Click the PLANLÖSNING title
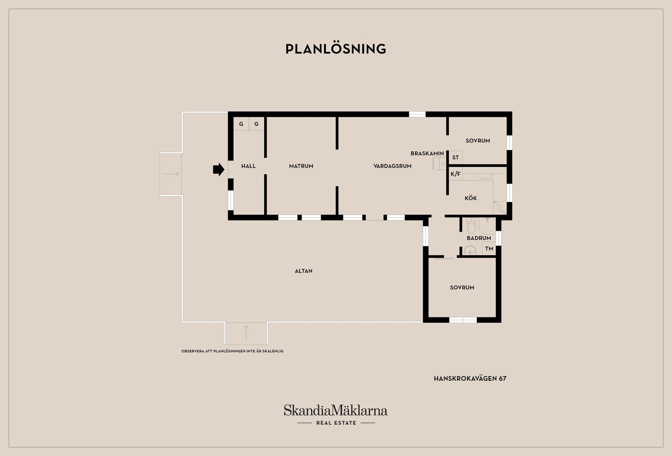pos(336,49)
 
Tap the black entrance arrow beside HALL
pos(219,170)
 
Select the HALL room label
pos(248,166)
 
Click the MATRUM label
pos(301,166)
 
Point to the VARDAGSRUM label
pos(392,166)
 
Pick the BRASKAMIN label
pos(427,153)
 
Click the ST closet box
pos(455,158)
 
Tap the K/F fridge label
pos(455,174)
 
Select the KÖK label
pos(471,198)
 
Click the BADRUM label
pos(479,238)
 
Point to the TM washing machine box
pos(489,249)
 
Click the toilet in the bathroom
pos(471,226)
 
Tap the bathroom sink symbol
pos(470,250)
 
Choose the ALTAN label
pos(303,271)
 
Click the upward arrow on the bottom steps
pos(246,333)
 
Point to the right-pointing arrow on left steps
pos(171,174)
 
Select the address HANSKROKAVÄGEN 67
pos(470,379)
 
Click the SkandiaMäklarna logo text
pos(336,410)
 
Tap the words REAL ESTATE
pos(336,423)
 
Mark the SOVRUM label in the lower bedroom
pos(462,288)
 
